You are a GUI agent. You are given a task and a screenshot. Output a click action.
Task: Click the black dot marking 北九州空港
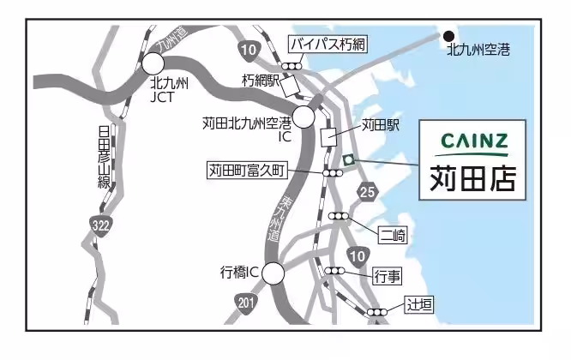pyautogui.click(x=448, y=36)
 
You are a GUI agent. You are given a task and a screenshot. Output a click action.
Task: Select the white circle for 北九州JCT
pyautogui.click(x=153, y=63)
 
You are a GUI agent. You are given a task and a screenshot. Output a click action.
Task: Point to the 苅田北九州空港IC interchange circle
pyautogui.click(x=304, y=116)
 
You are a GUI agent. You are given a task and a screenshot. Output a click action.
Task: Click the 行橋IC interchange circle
pyautogui.click(x=273, y=273)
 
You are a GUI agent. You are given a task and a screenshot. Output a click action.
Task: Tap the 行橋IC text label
pyautogui.click(x=240, y=273)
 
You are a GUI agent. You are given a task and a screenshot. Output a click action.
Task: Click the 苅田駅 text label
pyautogui.click(x=381, y=125)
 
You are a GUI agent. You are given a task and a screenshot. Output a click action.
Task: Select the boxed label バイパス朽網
pyautogui.click(x=327, y=43)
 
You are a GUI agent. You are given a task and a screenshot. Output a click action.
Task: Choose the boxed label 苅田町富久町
pyautogui.click(x=245, y=170)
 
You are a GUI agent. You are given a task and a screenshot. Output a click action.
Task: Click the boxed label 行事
pyautogui.click(x=388, y=275)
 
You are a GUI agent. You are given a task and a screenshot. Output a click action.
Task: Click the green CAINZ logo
pyautogui.click(x=473, y=141)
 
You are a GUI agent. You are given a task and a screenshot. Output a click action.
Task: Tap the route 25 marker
pyautogui.click(x=368, y=190)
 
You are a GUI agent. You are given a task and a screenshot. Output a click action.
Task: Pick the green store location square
pyautogui.click(x=348, y=159)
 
